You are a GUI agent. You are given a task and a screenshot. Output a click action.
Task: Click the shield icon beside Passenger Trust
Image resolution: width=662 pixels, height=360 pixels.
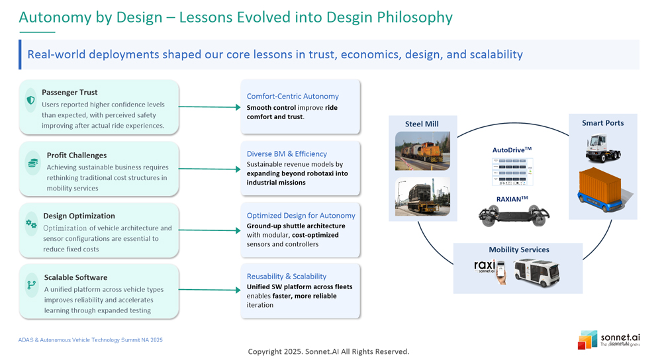click(x=30, y=101)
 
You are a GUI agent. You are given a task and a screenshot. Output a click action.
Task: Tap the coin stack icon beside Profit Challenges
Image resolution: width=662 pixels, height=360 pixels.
click(x=32, y=163)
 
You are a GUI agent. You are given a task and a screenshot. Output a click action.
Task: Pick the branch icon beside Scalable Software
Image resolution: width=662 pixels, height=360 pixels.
click(x=31, y=285)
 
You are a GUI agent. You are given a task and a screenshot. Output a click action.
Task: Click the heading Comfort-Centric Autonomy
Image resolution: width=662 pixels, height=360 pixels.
click(x=293, y=97)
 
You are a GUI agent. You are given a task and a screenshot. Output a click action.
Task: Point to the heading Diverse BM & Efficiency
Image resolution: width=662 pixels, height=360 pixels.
click(x=287, y=154)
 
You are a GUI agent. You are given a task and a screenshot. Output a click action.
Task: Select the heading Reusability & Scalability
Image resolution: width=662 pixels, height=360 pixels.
click(x=287, y=277)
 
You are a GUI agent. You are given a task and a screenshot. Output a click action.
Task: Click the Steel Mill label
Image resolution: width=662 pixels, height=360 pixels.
click(x=422, y=124)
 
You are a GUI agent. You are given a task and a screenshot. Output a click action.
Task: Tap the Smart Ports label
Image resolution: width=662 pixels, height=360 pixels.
click(x=602, y=123)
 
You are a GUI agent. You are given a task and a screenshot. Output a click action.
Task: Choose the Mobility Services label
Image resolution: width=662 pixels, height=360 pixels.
click(x=519, y=249)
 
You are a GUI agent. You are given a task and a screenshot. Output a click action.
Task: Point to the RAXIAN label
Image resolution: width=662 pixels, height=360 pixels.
click(x=512, y=199)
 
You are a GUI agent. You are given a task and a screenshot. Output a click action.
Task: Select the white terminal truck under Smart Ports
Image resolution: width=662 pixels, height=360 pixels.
click(x=602, y=147)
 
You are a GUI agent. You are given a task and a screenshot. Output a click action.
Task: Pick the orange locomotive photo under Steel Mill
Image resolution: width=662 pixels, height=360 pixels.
click(x=422, y=151)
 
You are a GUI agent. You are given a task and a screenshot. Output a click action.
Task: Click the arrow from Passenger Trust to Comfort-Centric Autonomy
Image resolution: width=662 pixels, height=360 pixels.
click(x=209, y=107)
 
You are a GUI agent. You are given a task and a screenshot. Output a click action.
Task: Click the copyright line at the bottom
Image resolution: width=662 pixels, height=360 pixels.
click(x=328, y=351)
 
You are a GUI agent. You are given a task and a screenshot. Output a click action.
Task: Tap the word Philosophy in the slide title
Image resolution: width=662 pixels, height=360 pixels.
click(x=414, y=18)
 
